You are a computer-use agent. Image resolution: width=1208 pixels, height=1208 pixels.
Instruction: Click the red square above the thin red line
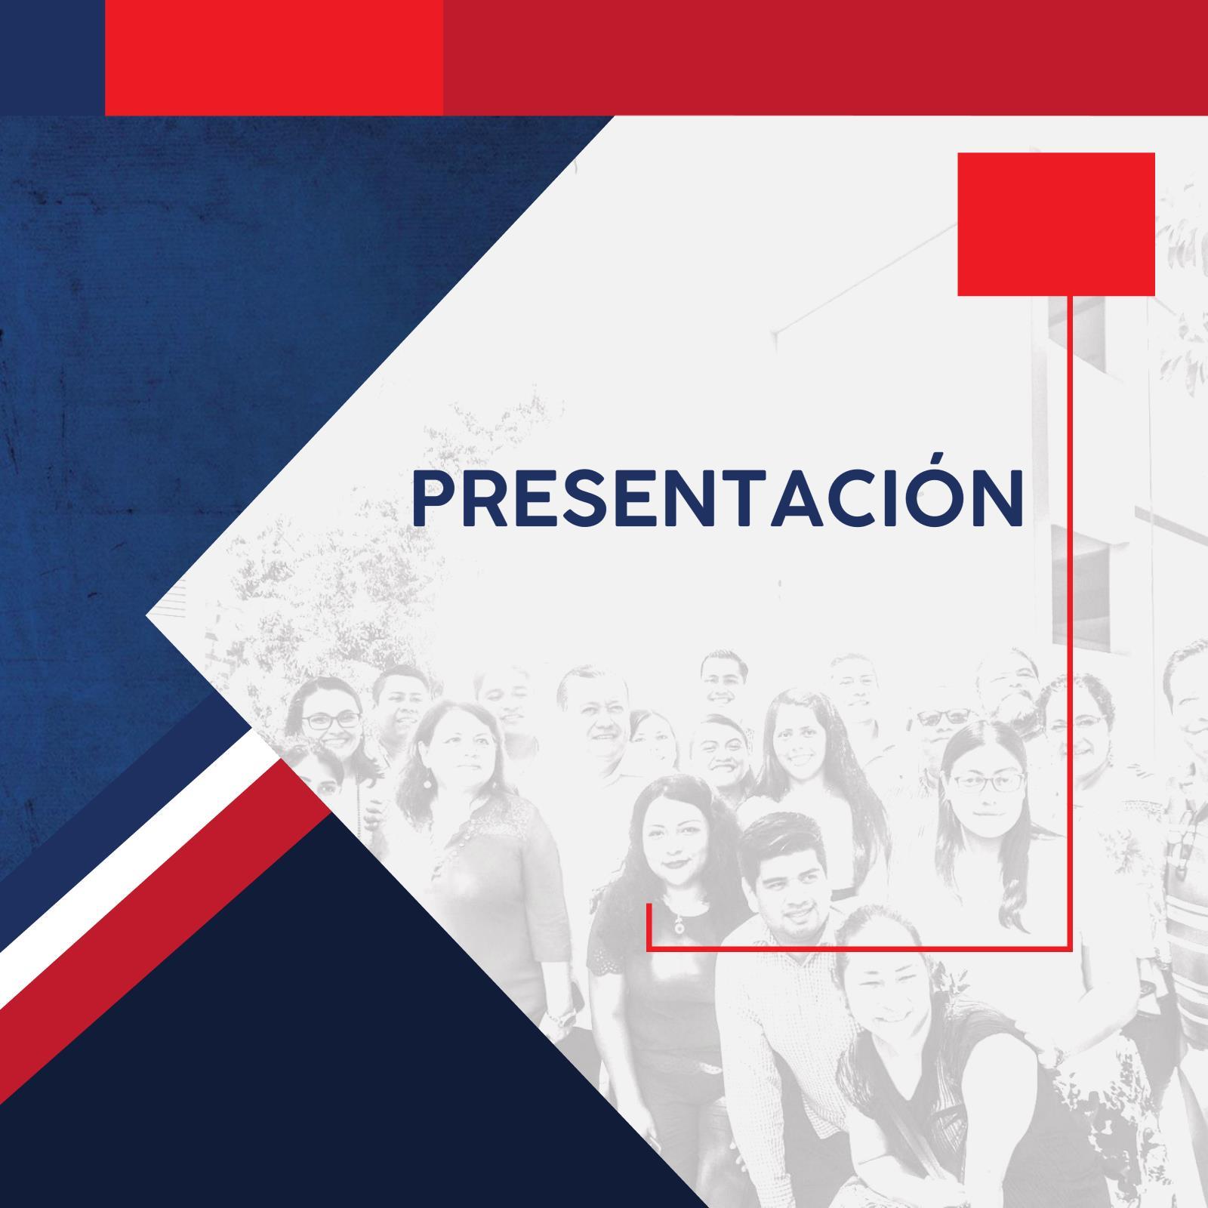tap(1056, 223)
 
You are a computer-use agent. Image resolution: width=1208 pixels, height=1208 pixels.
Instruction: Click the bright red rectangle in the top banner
tap(274, 57)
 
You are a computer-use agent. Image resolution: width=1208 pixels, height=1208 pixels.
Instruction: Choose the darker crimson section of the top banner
tap(825, 57)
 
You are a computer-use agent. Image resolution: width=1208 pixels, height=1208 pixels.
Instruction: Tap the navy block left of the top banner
tap(52, 57)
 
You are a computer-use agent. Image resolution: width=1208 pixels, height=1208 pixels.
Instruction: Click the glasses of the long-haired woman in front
tap(987, 781)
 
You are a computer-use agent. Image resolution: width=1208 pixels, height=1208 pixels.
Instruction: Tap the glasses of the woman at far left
tap(330, 720)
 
